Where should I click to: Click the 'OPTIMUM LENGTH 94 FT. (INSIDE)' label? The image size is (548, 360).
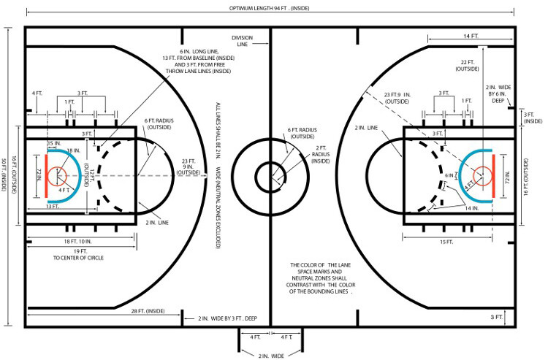click(269, 8)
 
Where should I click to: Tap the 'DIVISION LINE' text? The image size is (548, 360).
click(242, 41)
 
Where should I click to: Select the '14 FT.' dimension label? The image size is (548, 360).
click(471, 36)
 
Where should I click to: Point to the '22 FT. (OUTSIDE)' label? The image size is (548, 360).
click(468, 66)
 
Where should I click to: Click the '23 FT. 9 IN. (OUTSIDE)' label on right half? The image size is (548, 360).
click(397, 98)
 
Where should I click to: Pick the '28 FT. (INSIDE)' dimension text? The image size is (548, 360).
click(148, 311)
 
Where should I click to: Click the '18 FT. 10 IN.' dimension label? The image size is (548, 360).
click(77, 241)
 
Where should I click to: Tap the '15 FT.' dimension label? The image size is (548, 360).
click(446, 242)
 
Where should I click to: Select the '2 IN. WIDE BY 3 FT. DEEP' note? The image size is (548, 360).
click(227, 318)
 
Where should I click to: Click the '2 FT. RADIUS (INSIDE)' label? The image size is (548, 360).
click(321, 154)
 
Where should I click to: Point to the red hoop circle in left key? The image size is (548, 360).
click(56, 176)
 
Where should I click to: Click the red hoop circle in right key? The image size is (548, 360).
click(483, 176)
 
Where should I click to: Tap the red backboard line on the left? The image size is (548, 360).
click(46, 176)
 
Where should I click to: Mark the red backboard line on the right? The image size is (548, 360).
click(493, 176)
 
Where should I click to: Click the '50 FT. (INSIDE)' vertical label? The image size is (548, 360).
click(4, 175)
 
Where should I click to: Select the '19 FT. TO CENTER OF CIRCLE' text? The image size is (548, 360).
click(78, 255)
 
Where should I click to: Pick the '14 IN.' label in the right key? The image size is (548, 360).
click(472, 208)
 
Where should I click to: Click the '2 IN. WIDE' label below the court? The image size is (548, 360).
click(271, 356)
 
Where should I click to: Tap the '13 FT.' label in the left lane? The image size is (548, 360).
click(52, 207)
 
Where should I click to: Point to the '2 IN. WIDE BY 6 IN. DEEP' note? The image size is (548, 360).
click(498, 94)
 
